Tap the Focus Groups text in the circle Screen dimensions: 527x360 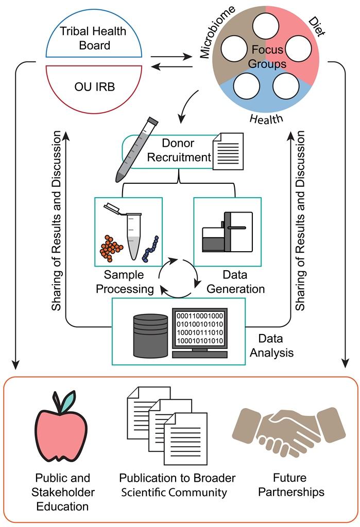[268, 57]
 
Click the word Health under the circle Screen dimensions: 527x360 [266, 119]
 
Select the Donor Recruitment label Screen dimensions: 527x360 [179, 150]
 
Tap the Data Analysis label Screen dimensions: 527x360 [276, 346]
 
